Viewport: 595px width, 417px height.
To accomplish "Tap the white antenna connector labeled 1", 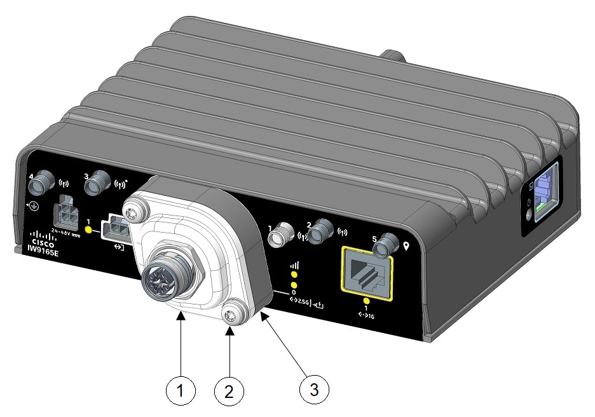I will [278, 237].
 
